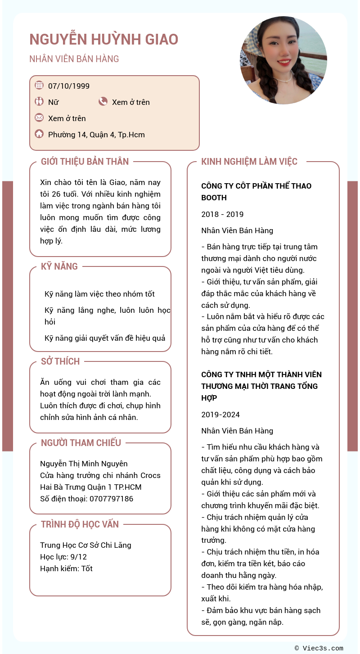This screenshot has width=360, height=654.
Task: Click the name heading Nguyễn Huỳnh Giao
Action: [104, 40]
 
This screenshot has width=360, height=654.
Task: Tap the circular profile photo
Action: [283, 60]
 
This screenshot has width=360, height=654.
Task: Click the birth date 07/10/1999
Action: [69, 86]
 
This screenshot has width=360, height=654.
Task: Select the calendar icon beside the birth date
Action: [39, 85]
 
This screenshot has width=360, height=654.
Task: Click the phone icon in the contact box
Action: [103, 102]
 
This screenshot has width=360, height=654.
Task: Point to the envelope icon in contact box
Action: [39, 118]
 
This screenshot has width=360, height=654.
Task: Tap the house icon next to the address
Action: [39, 134]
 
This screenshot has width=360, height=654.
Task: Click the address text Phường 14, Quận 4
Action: [96, 135]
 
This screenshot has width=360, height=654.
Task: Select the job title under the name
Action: [74, 59]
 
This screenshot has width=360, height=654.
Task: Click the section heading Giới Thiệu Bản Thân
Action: [85, 162]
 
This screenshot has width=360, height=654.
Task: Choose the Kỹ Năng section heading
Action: [59, 266]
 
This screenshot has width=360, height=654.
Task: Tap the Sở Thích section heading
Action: [60, 361]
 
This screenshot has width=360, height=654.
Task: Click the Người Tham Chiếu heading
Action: [81, 443]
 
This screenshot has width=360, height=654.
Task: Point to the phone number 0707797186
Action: [111, 499]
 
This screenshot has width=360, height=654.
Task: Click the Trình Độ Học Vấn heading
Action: [80, 524]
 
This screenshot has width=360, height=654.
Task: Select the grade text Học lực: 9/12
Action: [63, 557]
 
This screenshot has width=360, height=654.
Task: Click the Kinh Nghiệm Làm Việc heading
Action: [249, 162]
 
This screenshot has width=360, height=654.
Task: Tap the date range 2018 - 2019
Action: [222, 214]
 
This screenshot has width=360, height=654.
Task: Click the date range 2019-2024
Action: [220, 415]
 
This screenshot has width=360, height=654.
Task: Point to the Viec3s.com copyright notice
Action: [319, 648]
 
